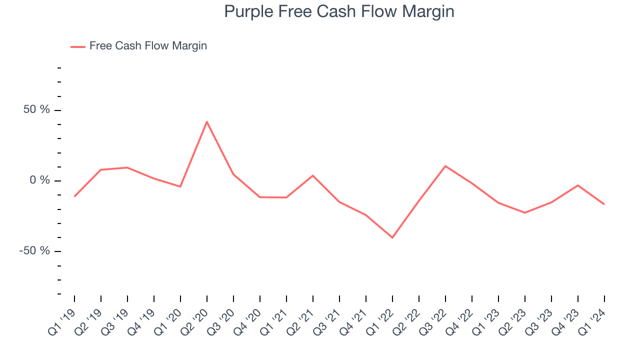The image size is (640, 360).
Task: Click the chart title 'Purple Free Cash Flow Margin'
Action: pyautogui.click(x=339, y=11)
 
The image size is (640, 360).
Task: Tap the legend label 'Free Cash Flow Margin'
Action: pyautogui.click(x=148, y=46)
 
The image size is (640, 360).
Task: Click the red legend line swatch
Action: pyautogui.click(x=78, y=46)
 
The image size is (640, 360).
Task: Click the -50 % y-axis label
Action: pyautogui.click(x=35, y=250)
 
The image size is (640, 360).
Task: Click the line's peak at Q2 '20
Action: pyautogui.click(x=207, y=121)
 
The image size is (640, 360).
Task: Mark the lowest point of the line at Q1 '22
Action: pyautogui.click(x=392, y=237)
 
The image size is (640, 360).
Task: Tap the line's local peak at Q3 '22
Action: pyautogui.click(x=445, y=166)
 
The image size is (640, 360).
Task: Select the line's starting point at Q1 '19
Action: pyautogui.click(x=74, y=196)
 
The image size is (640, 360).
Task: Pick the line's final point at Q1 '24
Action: pyautogui.click(x=604, y=204)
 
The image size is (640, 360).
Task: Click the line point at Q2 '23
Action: pyautogui.click(x=525, y=212)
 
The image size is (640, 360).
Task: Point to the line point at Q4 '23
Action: pyautogui.click(x=578, y=185)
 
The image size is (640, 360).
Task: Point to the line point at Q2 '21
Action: pyautogui.click(x=313, y=175)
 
